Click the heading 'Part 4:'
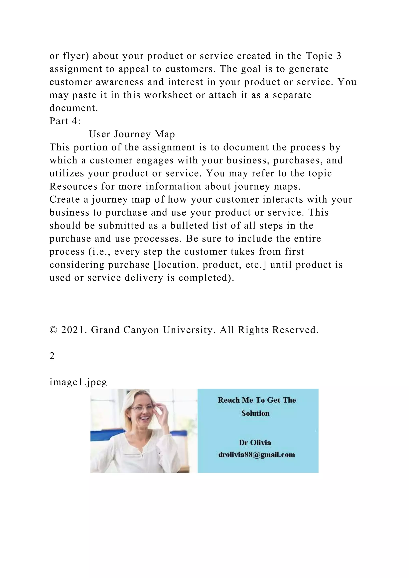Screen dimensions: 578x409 tap(65, 121)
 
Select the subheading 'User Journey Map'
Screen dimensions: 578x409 tap(132, 134)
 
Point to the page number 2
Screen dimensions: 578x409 tap(52, 356)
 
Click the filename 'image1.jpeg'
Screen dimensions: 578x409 tap(78, 382)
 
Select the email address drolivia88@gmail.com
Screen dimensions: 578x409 tap(257, 455)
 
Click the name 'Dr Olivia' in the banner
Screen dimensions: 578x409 tap(255, 442)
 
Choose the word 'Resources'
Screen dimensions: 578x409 tap(73, 187)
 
